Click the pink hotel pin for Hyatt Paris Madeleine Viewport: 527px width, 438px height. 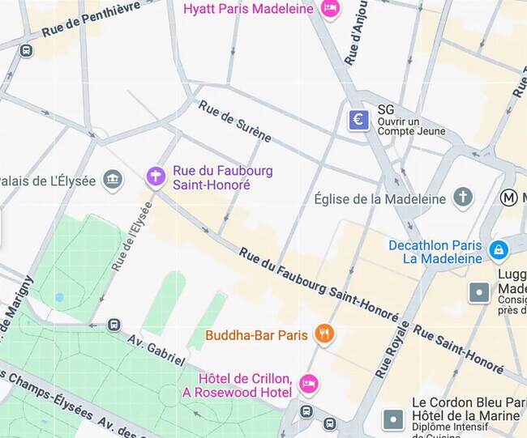click(329, 9)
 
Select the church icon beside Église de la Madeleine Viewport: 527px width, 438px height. click(462, 198)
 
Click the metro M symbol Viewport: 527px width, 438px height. click(510, 197)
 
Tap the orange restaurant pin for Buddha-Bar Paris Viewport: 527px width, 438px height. click(324, 334)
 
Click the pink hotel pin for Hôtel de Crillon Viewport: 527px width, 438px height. click(308, 383)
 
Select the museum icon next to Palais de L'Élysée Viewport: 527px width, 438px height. click(113, 179)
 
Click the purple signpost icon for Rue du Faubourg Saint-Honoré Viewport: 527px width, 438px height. click(155, 176)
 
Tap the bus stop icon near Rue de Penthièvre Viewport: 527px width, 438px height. click(26, 50)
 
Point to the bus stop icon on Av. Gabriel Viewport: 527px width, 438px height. click(114, 325)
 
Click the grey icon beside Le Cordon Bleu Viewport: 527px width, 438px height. click(393, 419)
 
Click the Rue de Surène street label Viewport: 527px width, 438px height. click(234, 121)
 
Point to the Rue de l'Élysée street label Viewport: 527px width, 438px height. click(132, 236)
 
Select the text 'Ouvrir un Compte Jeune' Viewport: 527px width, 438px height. click(412, 126)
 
